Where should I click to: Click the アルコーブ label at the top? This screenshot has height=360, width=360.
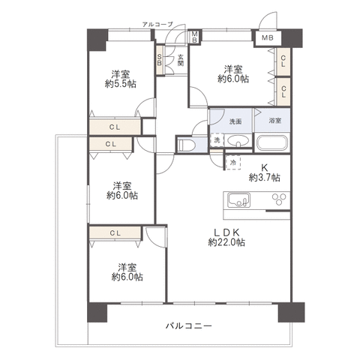tap(157, 24)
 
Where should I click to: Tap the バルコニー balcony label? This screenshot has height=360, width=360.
tap(189, 325)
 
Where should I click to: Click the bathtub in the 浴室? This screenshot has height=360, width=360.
tap(272, 143)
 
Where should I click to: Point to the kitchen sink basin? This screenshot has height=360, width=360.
tap(238, 200)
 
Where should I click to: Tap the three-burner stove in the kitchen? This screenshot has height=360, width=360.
tap(279, 199)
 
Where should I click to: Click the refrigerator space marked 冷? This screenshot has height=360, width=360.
tap(233, 163)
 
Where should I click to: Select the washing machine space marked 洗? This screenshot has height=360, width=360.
tap(217, 140)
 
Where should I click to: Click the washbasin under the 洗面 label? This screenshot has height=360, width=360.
tap(238, 140)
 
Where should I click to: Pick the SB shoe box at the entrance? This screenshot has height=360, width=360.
tap(159, 60)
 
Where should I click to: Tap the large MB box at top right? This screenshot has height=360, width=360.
tap(268, 38)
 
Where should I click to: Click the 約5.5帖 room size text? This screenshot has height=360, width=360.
tap(121, 84)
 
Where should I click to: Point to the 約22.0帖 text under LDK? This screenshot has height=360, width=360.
tap(226, 242)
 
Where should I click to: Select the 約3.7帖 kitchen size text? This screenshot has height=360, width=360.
tap(264, 177)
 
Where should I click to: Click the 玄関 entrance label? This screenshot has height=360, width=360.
tap(181, 60)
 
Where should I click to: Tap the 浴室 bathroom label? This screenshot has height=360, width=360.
tap(275, 121)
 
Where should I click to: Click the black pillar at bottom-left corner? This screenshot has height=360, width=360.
tap(97, 312)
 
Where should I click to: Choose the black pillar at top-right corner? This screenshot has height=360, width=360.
tap(292, 38)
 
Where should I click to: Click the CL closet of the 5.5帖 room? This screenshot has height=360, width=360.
tap(115, 127)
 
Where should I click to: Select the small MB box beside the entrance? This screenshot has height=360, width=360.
tap(194, 37)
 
